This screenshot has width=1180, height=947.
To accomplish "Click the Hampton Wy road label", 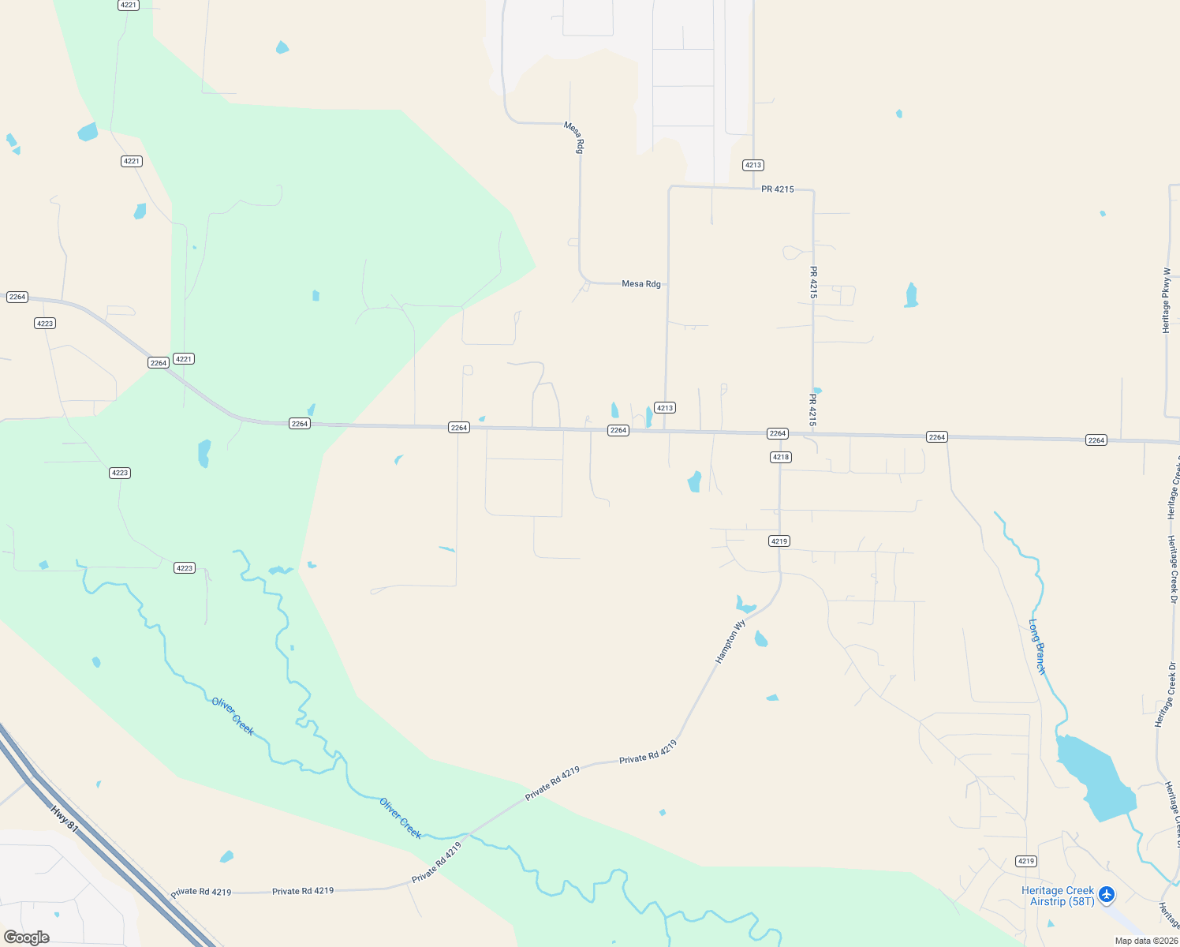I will pyautogui.click(x=730, y=642).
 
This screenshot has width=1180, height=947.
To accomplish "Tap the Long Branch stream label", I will pyautogui.click(x=1037, y=646).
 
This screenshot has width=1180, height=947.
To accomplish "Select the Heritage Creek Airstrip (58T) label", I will pyautogui.click(x=1057, y=896).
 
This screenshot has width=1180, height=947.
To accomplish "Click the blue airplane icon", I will pyautogui.click(x=1107, y=894).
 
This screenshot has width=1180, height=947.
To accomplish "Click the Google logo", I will pyautogui.click(x=27, y=938).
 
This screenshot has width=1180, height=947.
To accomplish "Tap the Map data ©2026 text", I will pyautogui.click(x=1146, y=941).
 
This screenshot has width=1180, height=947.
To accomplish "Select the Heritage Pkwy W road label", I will pyautogui.click(x=1166, y=301).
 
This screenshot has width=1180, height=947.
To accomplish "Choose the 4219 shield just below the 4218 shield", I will pyautogui.click(x=779, y=541).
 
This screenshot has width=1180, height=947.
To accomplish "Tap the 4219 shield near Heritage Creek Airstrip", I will pyautogui.click(x=1025, y=861).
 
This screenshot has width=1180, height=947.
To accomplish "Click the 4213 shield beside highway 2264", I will pyautogui.click(x=665, y=408).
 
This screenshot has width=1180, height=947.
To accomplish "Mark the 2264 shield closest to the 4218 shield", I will pyautogui.click(x=778, y=433).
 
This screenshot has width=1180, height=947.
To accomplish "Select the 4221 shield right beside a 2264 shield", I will pyautogui.click(x=184, y=359).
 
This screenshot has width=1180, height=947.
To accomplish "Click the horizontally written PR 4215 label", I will pyautogui.click(x=778, y=189).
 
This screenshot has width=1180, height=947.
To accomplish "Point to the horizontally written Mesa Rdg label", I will pyautogui.click(x=641, y=284).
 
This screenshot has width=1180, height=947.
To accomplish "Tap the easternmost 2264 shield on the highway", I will pyautogui.click(x=1096, y=440).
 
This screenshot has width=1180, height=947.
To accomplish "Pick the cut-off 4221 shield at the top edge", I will pyautogui.click(x=129, y=5).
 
